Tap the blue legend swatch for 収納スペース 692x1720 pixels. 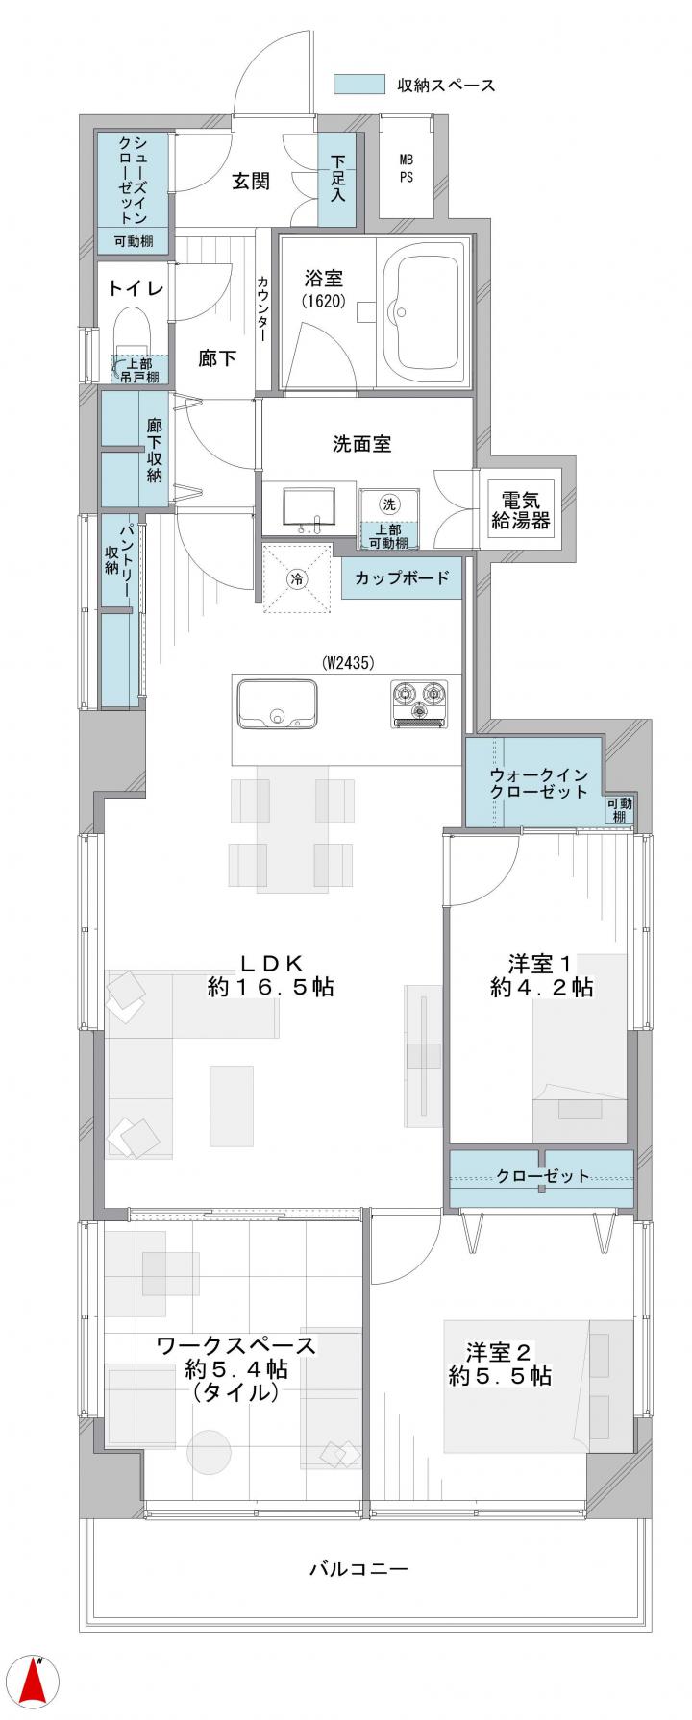[358, 85]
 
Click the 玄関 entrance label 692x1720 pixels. [250, 181]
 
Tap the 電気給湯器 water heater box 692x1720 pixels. [520, 511]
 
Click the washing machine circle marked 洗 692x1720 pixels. [388, 504]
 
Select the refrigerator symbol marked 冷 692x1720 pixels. [297, 578]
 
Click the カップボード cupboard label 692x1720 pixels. [402, 578]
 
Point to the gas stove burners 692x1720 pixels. [419, 703]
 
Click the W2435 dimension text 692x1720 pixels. [348, 662]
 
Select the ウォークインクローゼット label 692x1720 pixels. [537, 782]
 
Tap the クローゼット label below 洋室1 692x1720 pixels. [543, 1176]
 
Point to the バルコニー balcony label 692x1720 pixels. [358, 1569]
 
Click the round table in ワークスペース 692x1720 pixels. [210, 1457]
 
